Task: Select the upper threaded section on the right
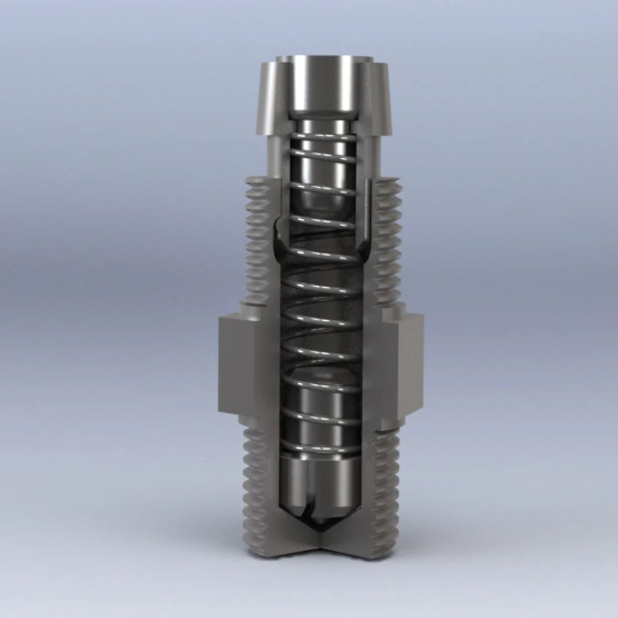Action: [x=388, y=241]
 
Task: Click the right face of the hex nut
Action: [x=403, y=365]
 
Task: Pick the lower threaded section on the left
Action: [x=255, y=488]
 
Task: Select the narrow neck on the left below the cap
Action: [x=277, y=158]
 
